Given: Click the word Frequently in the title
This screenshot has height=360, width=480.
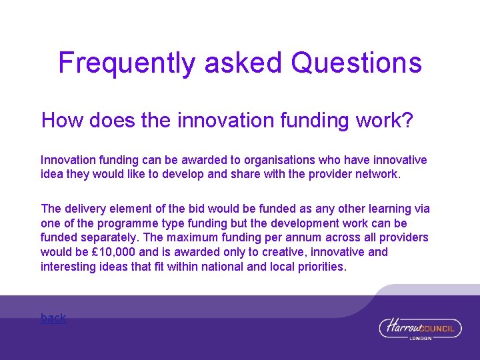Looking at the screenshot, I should click(x=127, y=63).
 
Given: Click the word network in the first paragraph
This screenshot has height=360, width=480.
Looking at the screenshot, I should click(x=377, y=174).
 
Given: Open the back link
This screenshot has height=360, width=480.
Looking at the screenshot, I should click(x=53, y=318).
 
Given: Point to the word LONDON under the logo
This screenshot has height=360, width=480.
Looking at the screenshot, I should click(x=421, y=338).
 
